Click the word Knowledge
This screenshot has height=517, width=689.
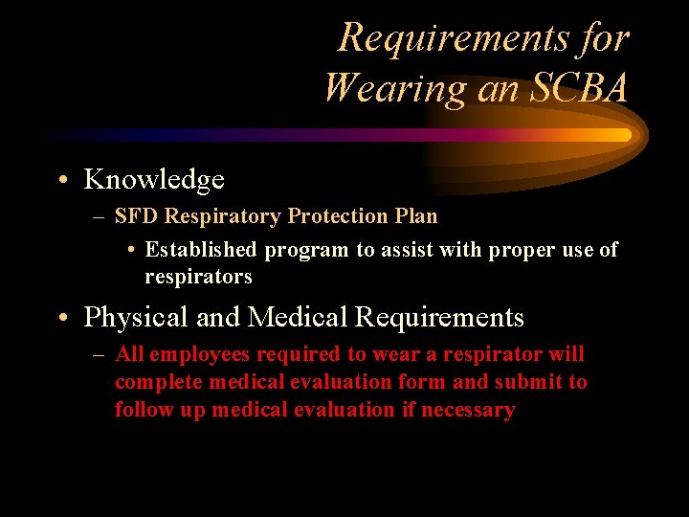(154, 179)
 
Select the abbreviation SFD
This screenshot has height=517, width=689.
(135, 216)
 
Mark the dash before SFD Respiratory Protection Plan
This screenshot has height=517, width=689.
(100, 217)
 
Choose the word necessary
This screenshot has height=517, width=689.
(467, 410)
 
